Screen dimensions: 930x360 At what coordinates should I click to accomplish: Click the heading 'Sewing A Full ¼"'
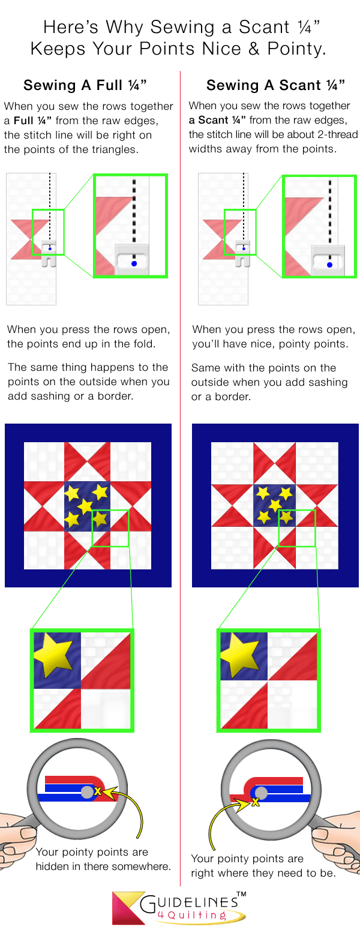click(85, 85)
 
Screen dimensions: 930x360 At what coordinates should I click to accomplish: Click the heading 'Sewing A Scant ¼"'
click(275, 85)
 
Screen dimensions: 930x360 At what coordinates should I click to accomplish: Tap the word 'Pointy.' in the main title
click(298, 49)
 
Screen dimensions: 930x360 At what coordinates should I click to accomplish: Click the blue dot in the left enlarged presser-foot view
click(134, 263)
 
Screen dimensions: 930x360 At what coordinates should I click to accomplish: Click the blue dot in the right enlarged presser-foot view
click(329, 264)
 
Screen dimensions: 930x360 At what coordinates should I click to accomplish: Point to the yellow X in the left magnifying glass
click(98, 792)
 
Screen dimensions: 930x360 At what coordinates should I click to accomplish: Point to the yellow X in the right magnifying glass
click(255, 801)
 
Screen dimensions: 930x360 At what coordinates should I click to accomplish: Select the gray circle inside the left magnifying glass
click(88, 792)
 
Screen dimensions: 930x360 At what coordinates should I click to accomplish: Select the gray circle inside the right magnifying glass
click(261, 793)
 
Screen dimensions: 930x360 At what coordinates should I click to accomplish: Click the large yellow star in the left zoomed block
click(54, 654)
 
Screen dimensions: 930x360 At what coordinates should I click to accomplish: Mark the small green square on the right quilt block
click(297, 528)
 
